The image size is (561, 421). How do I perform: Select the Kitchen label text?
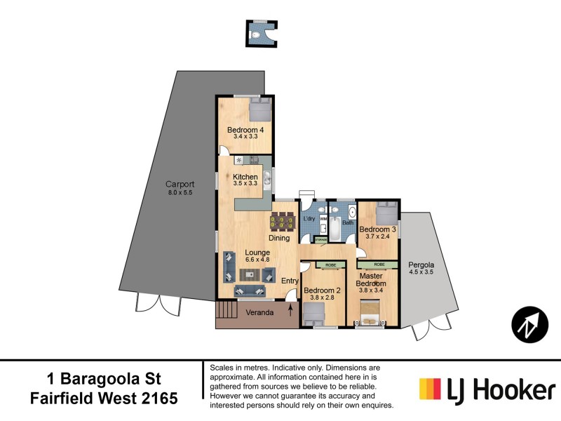[x=245, y=177]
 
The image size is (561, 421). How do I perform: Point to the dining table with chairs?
[x=283, y=222]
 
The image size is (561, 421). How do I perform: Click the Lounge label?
[x=257, y=253]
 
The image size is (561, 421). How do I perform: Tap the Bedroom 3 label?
[x=379, y=229]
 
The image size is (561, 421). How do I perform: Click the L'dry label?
[x=309, y=219]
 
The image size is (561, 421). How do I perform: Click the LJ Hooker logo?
[x=487, y=388]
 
